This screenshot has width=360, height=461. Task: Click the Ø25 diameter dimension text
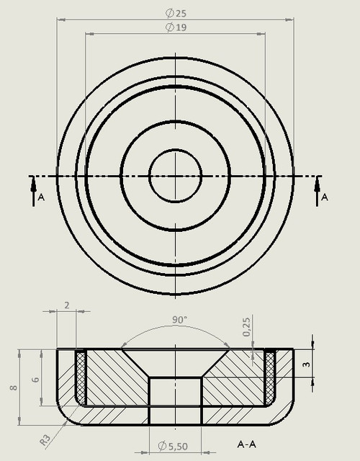(175, 13)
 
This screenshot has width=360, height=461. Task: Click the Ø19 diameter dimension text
(175, 27)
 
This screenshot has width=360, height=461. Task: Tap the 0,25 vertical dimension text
(247, 328)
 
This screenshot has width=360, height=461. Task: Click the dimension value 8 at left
(13, 388)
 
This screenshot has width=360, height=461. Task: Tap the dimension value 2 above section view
(66, 305)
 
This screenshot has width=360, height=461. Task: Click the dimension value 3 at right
(306, 365)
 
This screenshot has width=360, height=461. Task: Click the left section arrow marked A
(33, 192)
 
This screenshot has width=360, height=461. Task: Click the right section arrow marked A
(318, 192)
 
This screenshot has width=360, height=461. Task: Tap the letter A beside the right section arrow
(325, 197)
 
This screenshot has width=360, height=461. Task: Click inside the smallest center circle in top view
(175, 175)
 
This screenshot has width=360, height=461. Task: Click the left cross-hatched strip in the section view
(81, 377)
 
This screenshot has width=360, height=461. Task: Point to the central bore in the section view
(175, 400)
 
